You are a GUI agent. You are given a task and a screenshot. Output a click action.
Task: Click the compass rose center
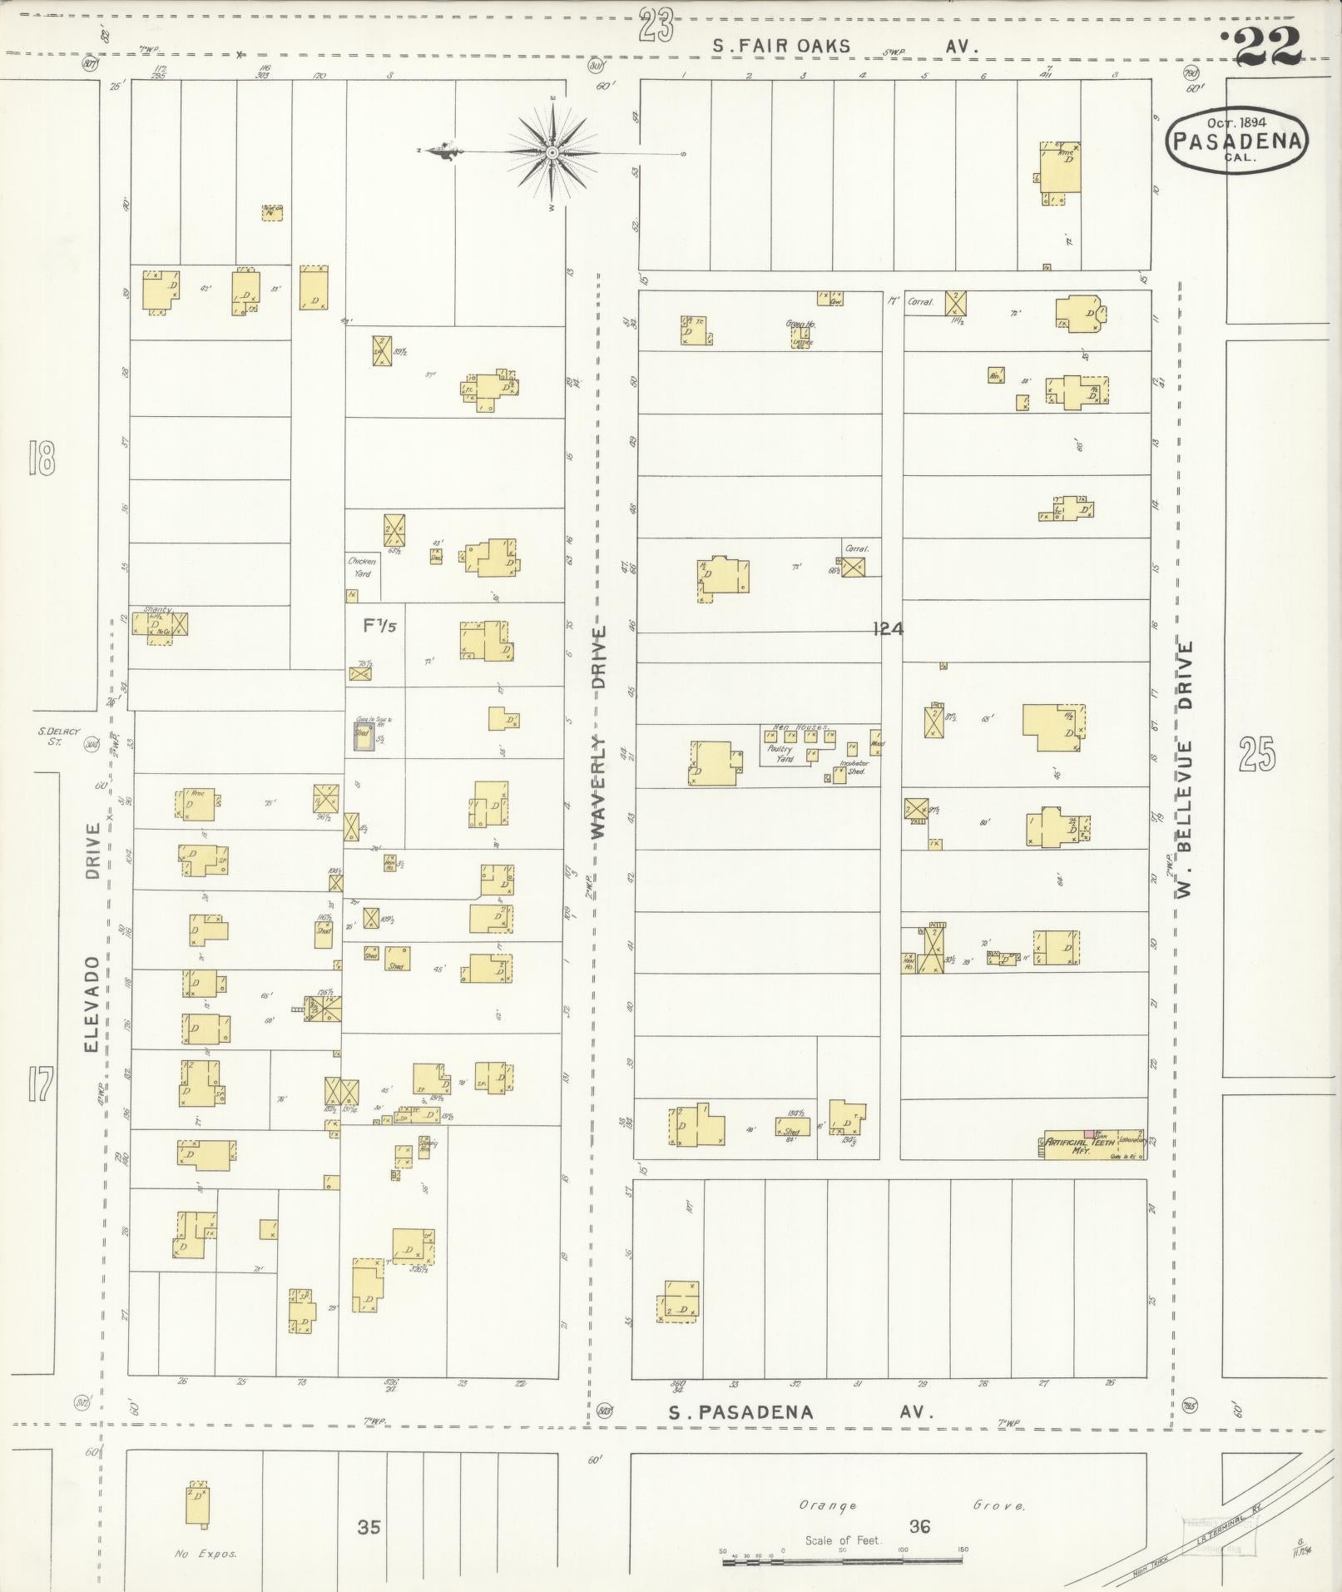552,152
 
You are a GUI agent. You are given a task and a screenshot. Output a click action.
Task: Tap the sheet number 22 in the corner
1267,47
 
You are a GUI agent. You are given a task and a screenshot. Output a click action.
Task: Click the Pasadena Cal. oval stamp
1236,141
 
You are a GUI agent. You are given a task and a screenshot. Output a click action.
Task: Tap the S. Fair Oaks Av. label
844,47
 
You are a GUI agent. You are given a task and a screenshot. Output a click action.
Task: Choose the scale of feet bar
842,1562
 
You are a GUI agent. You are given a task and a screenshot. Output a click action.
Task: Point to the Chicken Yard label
362,567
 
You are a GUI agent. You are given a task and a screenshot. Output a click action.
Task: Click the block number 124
888,629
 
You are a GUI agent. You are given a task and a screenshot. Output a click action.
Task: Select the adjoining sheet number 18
41,459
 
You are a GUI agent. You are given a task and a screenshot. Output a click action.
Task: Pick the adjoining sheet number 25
1257,754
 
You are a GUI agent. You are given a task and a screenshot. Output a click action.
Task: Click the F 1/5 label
379,626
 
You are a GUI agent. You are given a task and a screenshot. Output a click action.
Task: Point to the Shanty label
157,609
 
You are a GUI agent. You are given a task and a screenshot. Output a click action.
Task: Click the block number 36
919,1526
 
